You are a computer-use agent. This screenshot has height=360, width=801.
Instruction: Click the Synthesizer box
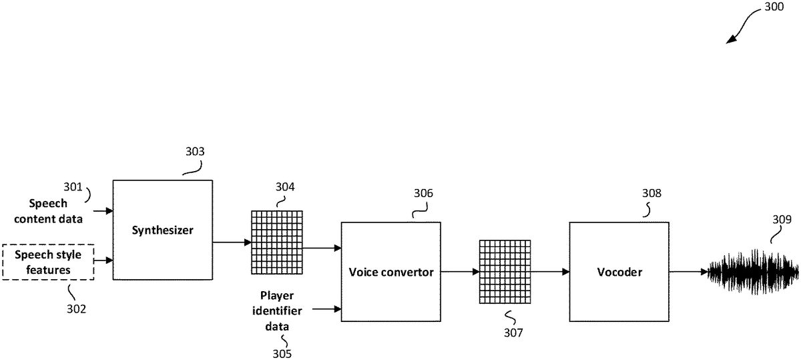click(x=162, y=230)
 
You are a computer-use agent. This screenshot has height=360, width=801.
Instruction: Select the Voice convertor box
click(x=390, y=272)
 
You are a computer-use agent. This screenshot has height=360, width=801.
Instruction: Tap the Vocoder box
click(x=618, y=272)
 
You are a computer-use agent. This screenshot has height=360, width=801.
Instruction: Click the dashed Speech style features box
click(x=48, y=262)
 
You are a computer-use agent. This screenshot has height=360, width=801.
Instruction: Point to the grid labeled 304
click(x=276, y=242)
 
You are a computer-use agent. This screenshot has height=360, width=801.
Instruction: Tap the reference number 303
click(x=195, y=152)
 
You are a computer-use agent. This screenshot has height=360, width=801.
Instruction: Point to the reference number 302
click(x=76, y=309)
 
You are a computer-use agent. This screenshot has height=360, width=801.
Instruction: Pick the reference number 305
click(x=282, y=353)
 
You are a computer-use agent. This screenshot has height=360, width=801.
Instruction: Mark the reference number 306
click(x=423, y=194)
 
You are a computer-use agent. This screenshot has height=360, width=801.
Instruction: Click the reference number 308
click(x=651, y=194)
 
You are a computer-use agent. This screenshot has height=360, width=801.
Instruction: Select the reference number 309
click(x=782, y=219)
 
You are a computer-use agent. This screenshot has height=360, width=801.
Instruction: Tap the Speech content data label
click(x=55, y=210)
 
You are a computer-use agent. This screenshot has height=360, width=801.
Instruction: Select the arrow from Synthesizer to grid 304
click(x=232, y=242)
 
